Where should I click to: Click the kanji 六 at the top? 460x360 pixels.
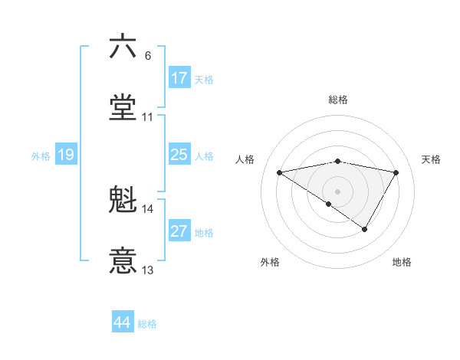123,47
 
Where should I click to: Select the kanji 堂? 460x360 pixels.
123,108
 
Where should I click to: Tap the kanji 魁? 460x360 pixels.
123,200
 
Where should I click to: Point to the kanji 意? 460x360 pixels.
123,261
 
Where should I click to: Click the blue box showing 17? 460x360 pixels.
179,77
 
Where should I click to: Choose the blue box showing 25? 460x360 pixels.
179,155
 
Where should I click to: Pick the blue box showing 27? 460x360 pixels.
179,231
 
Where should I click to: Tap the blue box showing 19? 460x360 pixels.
66,155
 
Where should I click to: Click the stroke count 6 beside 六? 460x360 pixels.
148,55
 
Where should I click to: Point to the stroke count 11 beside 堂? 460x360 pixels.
148,117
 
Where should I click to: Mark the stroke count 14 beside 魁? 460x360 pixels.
148,208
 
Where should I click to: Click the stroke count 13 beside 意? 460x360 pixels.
148,270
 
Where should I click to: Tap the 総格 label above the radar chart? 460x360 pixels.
338,100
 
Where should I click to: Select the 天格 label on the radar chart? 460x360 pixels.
432,159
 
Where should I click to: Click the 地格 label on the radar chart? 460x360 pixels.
402,262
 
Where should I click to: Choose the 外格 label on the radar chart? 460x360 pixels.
270,262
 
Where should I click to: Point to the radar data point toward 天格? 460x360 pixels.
396,172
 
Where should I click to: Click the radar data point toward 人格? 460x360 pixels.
280,172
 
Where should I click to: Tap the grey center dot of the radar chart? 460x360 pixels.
338,191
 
